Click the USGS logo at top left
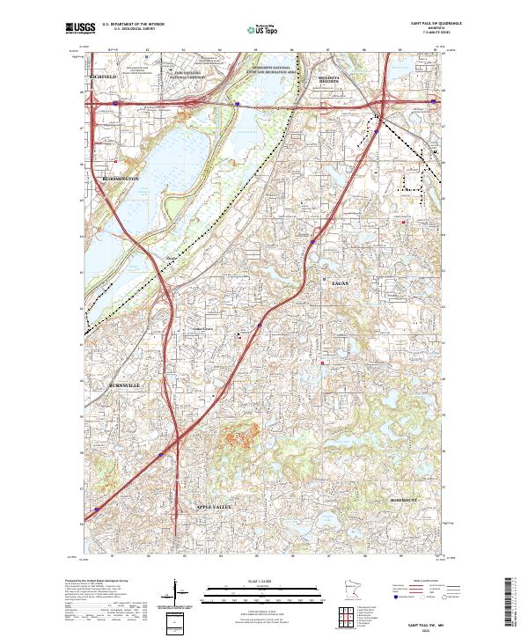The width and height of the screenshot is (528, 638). click(x=80, y=29)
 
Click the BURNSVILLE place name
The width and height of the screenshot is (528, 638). click(x=123, y=386)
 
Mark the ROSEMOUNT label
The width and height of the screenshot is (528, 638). click(x=398, y=499)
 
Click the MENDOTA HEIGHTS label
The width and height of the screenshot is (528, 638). click(x=330, y=79)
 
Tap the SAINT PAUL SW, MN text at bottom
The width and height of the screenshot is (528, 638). click(x=428, y=622)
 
